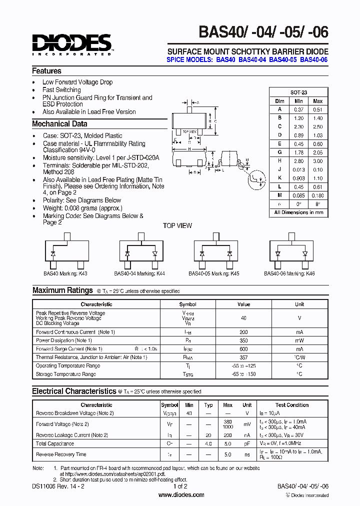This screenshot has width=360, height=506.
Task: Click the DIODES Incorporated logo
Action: coord(72,44)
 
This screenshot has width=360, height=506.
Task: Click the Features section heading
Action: coord(46,71)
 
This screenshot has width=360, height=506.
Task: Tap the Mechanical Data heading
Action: coord(59,124)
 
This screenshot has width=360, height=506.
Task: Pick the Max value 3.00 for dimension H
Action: coord(317,161)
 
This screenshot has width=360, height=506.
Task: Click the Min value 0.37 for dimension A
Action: coord(299,109)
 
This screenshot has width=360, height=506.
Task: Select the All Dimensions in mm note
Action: coord(298,212)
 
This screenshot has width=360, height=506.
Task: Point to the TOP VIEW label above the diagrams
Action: coord(177,226)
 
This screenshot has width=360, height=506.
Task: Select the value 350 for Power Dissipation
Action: coord(243,340)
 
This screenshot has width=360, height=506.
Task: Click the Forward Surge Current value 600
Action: coord(243,349)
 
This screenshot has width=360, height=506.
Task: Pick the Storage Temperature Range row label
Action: coord(65,374)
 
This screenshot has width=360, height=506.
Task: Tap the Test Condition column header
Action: coord(292,405)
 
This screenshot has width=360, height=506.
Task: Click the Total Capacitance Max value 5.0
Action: coord(227,443)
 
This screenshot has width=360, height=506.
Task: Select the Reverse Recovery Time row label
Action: coord(61,454)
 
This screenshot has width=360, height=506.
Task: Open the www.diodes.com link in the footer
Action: coord(181,495)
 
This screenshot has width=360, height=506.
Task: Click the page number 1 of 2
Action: coord(180,486)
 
